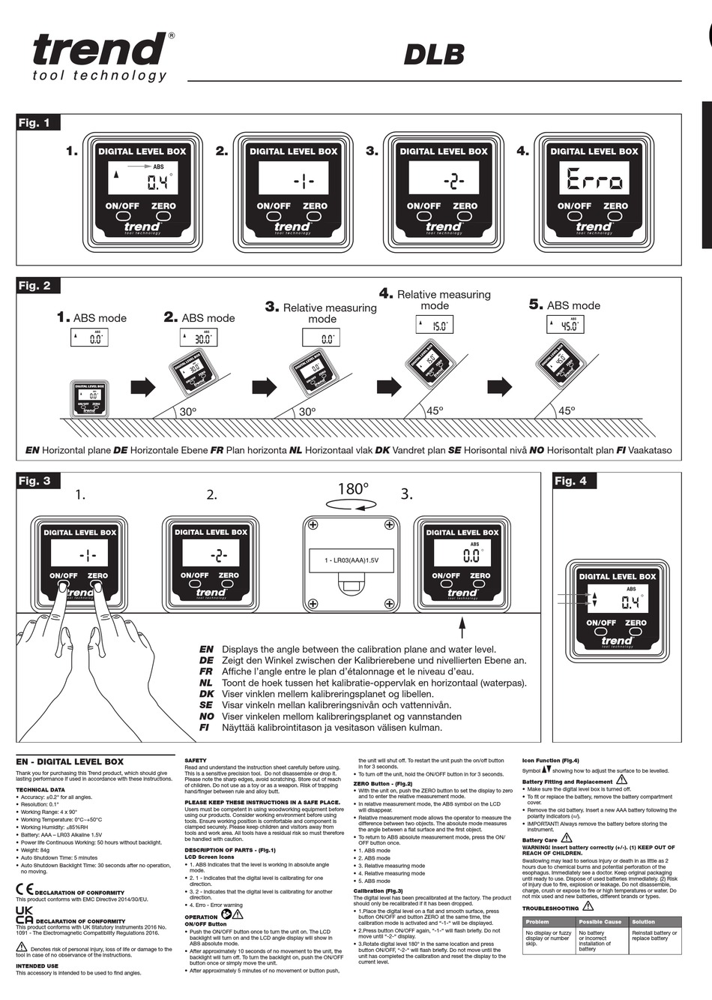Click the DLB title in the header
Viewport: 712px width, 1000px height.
tap(434, 54)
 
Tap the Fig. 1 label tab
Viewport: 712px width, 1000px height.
tap(36, 123)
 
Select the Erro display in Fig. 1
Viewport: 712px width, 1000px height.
tap(594, 180)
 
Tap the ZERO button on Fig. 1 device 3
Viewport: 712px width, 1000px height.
tap(465, 215)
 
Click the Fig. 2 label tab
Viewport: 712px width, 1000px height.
tap(36, 286)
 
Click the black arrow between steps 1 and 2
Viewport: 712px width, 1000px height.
tap(142, 387)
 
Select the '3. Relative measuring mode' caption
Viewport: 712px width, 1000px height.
tap(322, 313)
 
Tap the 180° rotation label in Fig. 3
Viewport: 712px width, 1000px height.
tap(354, 489)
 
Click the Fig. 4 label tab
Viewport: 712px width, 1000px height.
tap(571, 481)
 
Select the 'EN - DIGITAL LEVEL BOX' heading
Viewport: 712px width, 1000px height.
tap(70, 761)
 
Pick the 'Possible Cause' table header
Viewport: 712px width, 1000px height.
tap(600, 921)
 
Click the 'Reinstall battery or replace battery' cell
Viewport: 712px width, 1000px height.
tap(654, 935)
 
